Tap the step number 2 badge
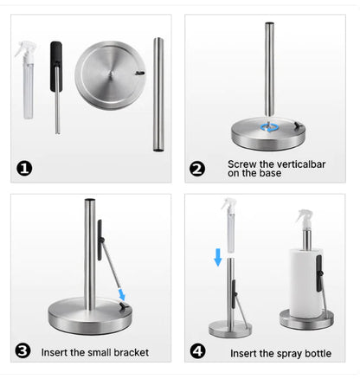(x=198, y=168)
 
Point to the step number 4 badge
(x=198, y=351)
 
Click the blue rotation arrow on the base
(x=272, y=127)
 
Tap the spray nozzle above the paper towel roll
(x=305, y=217)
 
